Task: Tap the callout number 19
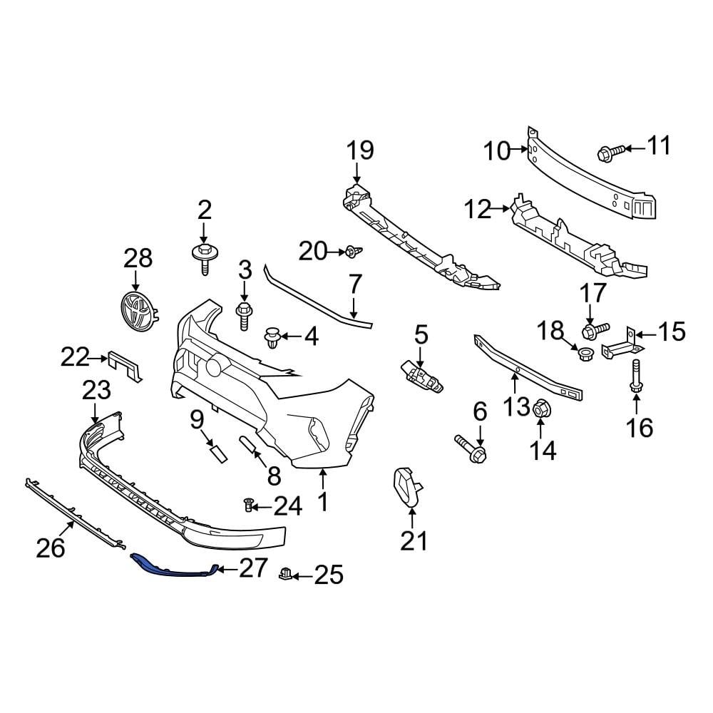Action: pos(360,150)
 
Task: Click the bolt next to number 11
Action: pos(612,150)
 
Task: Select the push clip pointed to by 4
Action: pos(272,337)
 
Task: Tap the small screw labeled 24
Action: pos(248,506)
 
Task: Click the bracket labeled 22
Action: pos(126,365)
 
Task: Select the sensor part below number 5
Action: pos(421,376)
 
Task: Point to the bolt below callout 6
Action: pos(471,448)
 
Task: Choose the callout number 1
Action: pos(322,501)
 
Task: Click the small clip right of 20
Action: pos(353,251)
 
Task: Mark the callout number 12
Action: pos(478,209)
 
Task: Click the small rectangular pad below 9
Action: pos(217,453)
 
